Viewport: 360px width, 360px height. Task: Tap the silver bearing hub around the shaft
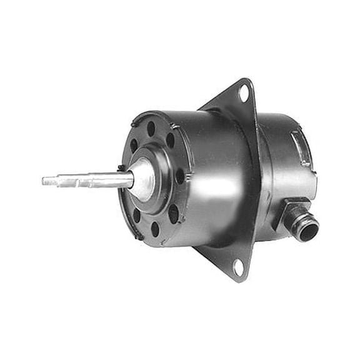(142, 179)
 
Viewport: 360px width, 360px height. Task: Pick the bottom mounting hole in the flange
(238, 267)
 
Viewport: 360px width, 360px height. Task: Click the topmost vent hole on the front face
(151, 129)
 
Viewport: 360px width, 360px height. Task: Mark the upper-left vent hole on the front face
(134, 146)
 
